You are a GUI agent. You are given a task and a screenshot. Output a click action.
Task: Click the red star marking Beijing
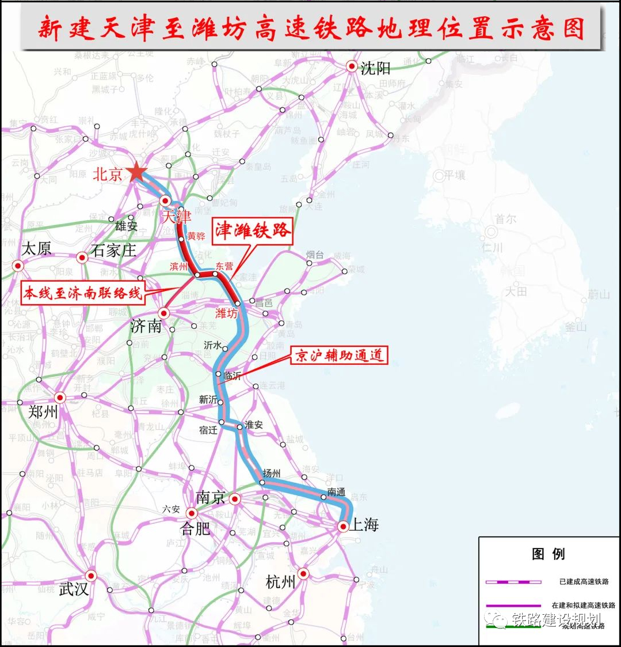pyautogui.click(x=137, y=172)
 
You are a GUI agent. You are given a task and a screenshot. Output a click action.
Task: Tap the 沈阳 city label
pyautogui.click(x=375, y=69)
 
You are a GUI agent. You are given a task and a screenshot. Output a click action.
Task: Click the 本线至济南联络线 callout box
pyautogui.click(x=82, y=293)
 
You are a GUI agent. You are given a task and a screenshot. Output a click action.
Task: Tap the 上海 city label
pyautogui.click(x=365, y=524)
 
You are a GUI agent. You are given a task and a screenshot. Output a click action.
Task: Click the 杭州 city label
pyautogui.click(x=281, y=582)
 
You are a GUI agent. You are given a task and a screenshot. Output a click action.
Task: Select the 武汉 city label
pyautogui.click(x=74, y=589)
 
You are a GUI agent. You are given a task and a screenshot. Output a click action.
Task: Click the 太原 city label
pyautogui.click(x=36, y=249)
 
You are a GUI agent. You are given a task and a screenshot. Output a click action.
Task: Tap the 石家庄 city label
pyautogui.click(x=114, y=251)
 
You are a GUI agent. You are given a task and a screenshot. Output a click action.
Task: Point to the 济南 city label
pyautogui.click(x=146, y=326)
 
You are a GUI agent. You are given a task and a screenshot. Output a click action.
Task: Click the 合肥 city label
pyautogui.click(x=196, y=528)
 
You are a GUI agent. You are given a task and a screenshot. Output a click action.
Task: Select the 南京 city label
pyautogui.click(x=210, y=497)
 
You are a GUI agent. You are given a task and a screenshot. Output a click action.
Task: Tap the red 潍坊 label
pyautogui.click(x=226, y=313)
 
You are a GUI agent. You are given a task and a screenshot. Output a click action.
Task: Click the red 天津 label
pyautogui.click(x=176, y=217)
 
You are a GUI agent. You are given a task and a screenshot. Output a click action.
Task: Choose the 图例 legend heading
pyautogui.click(x=548, y=554)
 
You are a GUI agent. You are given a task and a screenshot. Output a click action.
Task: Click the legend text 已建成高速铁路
pyautogui.click(x=584, y=582)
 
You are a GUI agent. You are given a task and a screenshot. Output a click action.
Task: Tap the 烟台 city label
pyautogui.click(x=315, y=254)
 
